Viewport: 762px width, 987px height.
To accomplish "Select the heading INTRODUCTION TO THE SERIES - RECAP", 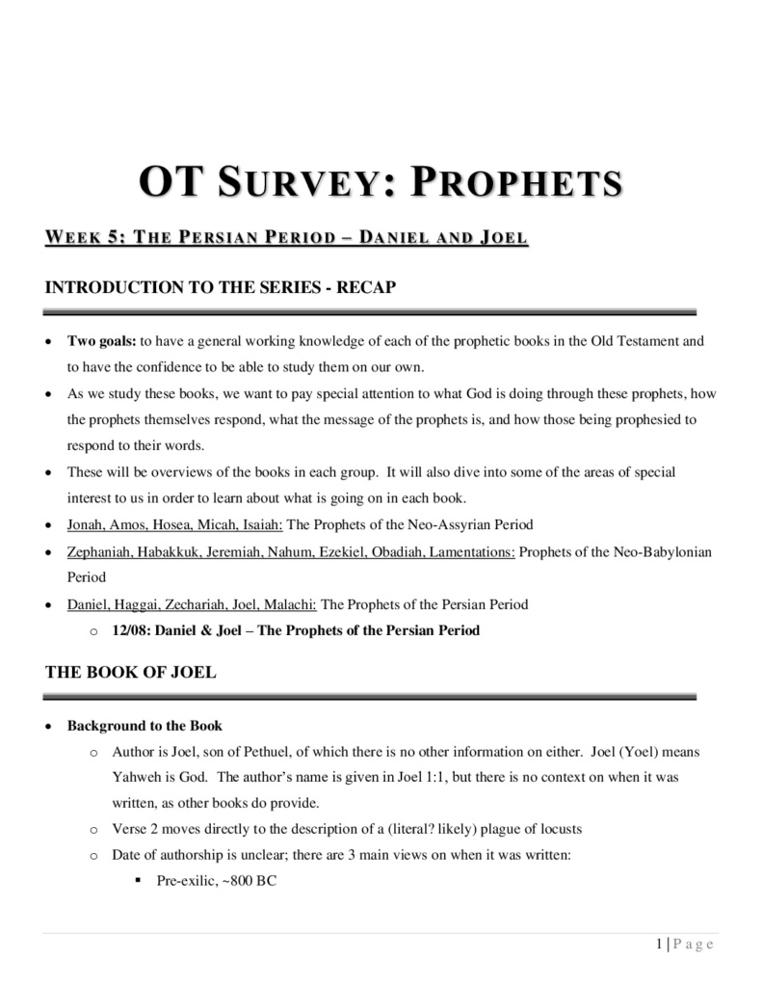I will point(221,287).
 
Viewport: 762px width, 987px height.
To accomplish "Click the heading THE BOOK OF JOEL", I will point(131,673).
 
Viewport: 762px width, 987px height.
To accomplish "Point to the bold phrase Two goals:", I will point(102,341).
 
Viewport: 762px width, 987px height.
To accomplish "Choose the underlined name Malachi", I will point(290,605).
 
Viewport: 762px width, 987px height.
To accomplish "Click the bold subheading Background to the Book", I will point(145,726).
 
